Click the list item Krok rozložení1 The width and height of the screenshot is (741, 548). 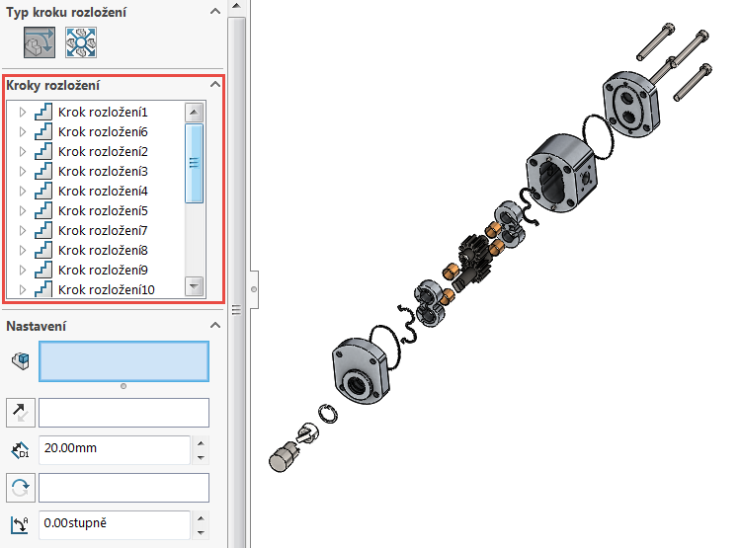(103, 113)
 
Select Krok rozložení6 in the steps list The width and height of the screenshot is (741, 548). (103, 132)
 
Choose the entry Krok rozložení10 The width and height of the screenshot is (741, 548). (106, 290)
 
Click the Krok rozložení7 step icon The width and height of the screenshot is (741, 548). (42, 231)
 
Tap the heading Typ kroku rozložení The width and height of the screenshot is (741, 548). (66, 13)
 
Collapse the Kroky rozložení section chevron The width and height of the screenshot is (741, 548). (213, 86)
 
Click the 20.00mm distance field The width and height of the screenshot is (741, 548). (113, 449)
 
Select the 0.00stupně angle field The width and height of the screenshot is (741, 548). (113, 524)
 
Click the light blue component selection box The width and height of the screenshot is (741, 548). (123, 361)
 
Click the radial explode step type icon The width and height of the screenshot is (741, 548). (80, 43)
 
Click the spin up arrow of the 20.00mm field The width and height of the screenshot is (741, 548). (202, 442)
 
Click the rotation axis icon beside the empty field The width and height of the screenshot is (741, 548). (21, 488)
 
